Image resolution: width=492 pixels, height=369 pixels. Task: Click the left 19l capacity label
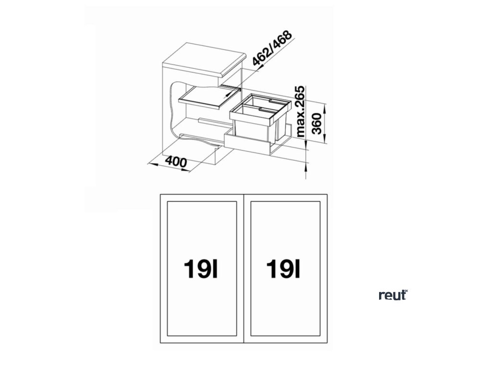coord(200,269)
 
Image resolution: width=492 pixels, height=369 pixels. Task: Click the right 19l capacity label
coord(284,269)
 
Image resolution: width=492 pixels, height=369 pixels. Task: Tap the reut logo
coord(392,295)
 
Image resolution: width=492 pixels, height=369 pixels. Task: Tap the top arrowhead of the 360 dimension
coord(326,107)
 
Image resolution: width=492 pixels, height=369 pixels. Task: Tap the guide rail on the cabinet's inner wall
coord(210,120)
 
